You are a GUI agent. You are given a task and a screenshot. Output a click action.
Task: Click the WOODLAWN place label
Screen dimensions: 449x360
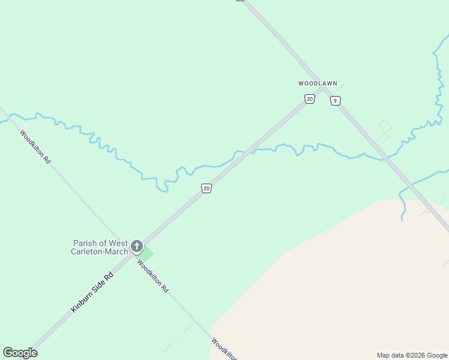click(x=318, y=83)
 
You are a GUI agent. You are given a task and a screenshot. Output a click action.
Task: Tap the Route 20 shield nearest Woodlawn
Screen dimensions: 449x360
click(x=309, y=99)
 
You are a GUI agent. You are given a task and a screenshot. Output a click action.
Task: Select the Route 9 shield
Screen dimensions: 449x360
click(x=335, y=101)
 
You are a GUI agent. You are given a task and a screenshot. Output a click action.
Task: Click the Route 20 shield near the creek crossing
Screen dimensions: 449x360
click(x=206, y=188)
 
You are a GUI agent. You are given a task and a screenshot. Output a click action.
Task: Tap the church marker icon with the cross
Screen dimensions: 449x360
click(x=137, y=246)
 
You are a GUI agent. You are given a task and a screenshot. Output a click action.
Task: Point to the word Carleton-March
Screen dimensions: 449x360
click(x=100, y=252)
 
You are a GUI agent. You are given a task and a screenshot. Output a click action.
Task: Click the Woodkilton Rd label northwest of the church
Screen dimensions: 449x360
click(x=35, y=147)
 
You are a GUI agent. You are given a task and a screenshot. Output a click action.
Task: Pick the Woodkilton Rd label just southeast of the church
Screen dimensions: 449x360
click(x=152, y=275)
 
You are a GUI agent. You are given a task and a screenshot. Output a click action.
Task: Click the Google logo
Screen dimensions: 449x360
click(x=20, y=353)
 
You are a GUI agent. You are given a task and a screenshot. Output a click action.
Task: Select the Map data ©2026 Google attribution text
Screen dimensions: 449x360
click(x=412, y=355)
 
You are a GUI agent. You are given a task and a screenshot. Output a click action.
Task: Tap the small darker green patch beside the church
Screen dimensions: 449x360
click(x=146, y=254)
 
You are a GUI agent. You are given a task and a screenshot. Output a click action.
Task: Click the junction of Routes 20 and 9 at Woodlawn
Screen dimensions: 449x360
click(x=323, y=89)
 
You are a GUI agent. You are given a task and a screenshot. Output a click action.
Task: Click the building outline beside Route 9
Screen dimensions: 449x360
click(x=385, y=127)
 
